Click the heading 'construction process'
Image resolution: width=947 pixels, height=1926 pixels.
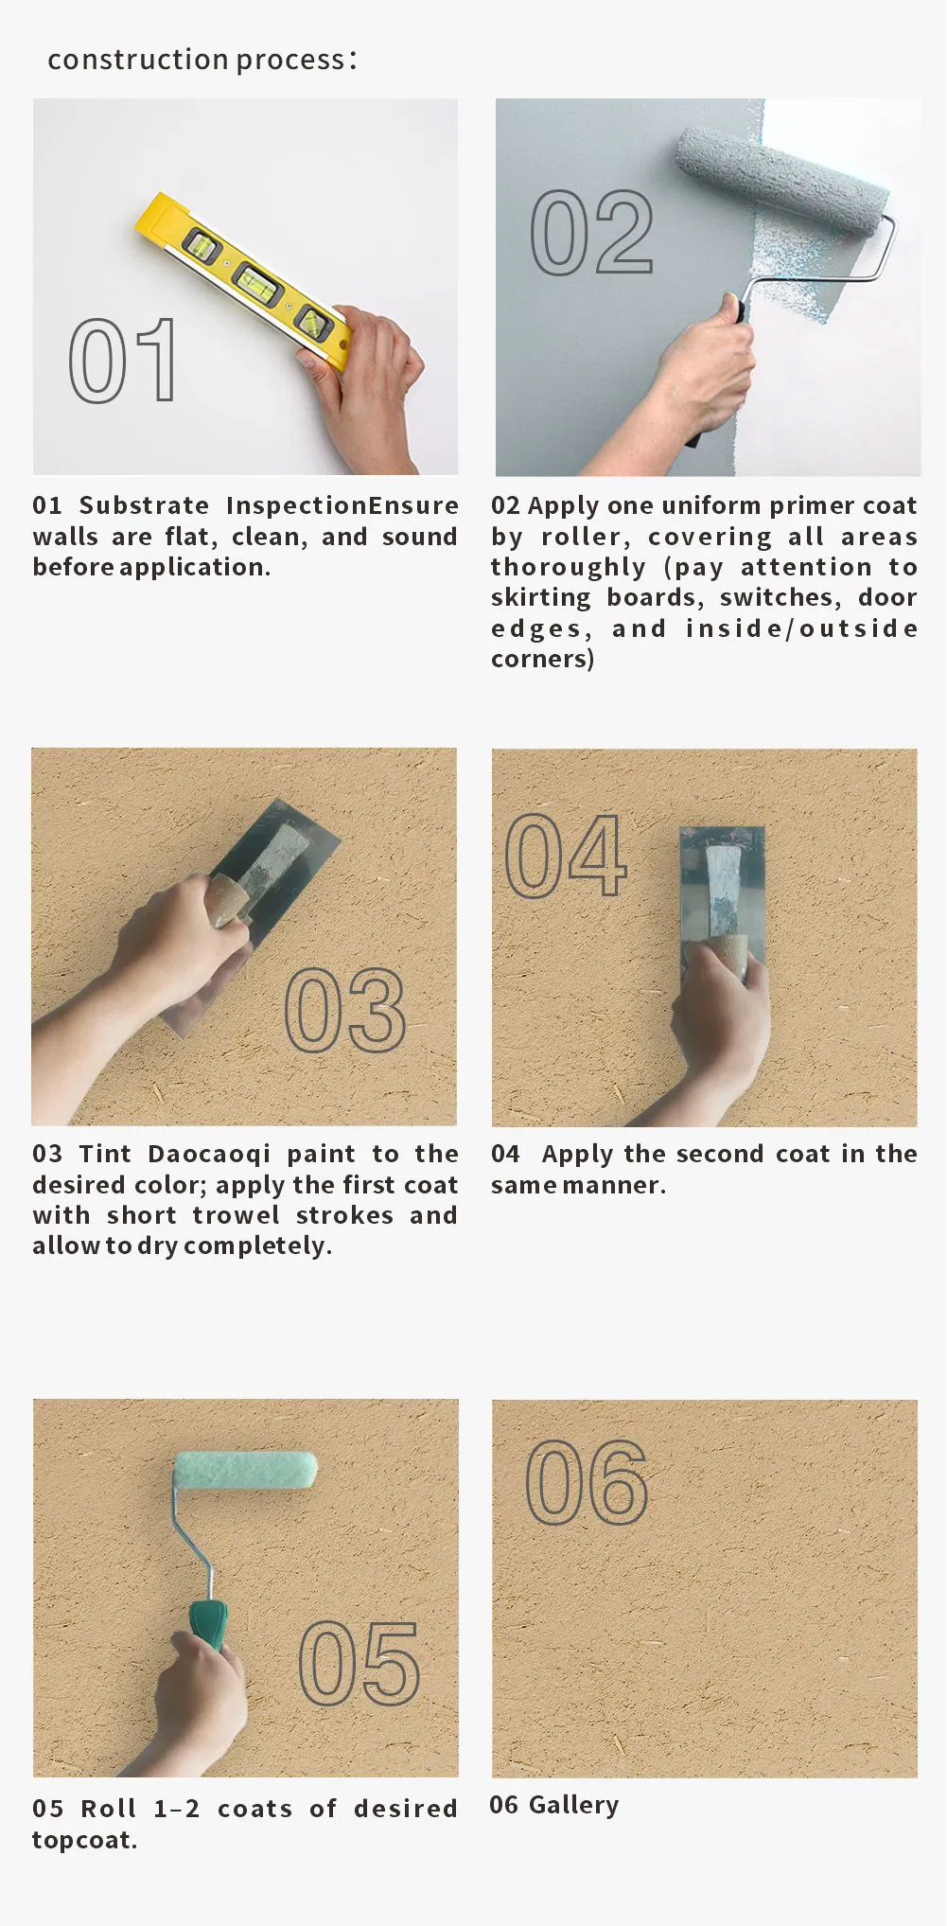[197, 60]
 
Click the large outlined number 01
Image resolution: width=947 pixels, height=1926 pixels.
[123, 360]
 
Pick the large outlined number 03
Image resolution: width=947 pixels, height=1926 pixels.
[345, 1010]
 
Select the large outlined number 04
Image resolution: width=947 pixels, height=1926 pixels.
[566, 855]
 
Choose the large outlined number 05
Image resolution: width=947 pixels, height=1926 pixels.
[360, 1663]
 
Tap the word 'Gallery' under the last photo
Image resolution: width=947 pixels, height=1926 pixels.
[573, 1805]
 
